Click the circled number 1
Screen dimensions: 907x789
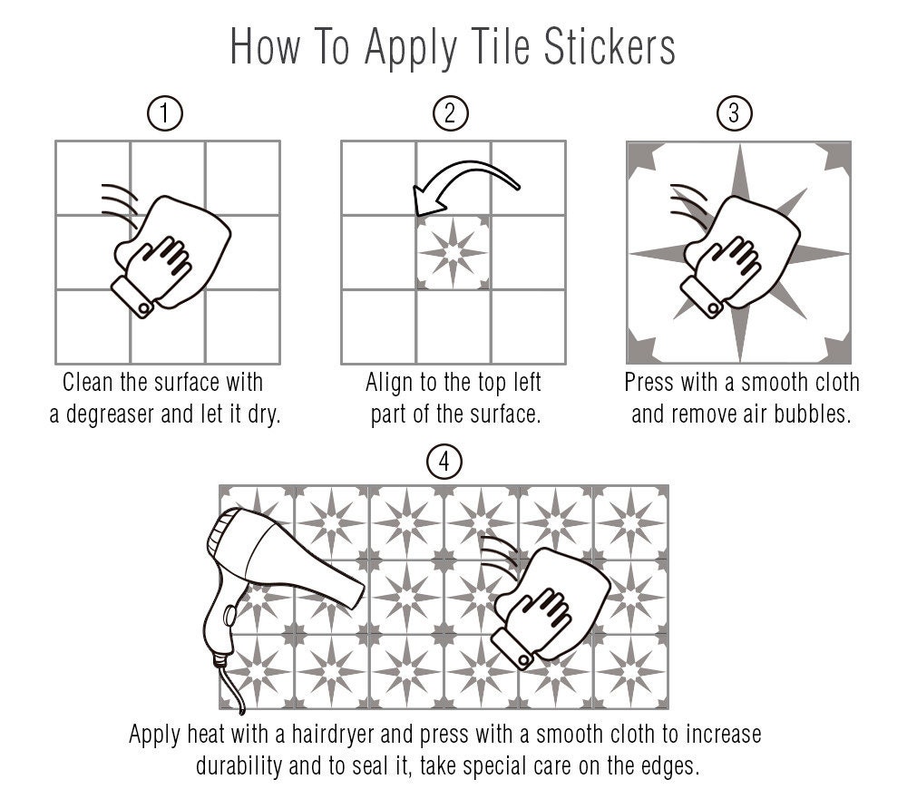click(x=165, y=113)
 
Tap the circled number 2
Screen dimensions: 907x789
click(x=451, y=113)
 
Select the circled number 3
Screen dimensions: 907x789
click(x=735, y=113)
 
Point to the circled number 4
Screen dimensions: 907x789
click(x=444, y=462)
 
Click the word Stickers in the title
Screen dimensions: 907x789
click(x=610, y=46)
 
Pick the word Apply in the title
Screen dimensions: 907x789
click(x=411, y=49)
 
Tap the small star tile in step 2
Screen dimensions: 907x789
click(x=453, y=253)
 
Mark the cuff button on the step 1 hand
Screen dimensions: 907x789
click(x=143, y=309)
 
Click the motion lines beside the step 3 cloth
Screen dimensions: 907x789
click(x=689, y=206)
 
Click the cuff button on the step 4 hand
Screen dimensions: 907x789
click(x=523, y=660)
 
